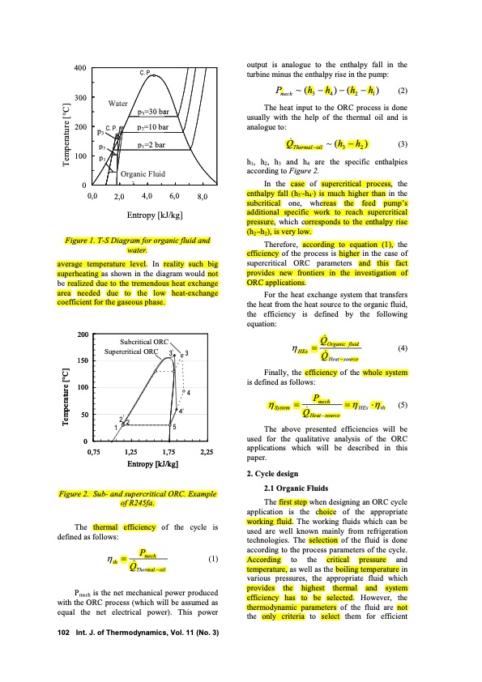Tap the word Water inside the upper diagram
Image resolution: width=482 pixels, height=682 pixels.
point(120,104)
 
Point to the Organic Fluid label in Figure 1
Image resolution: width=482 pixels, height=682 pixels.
point(143,173)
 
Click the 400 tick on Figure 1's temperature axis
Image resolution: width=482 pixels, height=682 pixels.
point(79,68)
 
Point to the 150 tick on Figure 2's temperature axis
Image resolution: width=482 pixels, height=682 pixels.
point(81,360)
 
